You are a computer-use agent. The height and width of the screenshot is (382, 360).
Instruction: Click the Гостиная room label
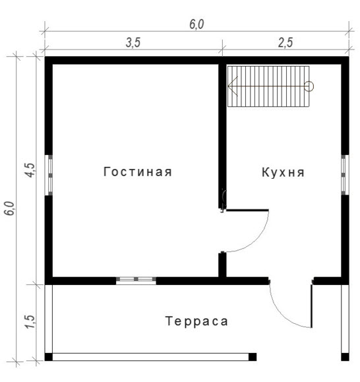pos(138,172)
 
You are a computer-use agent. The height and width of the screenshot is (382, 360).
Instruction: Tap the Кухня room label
pos(283,172)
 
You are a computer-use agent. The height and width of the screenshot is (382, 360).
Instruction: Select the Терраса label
pos(196,321)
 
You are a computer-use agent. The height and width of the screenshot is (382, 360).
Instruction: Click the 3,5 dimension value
pos(133,43)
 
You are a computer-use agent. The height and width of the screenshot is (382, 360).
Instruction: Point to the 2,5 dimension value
pos(285,43)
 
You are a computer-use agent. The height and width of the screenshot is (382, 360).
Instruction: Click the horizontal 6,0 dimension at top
pos(196,24)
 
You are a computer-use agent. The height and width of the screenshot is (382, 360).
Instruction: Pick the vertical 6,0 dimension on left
pos(10,208)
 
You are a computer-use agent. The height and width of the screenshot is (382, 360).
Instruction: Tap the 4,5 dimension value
pos(31,170)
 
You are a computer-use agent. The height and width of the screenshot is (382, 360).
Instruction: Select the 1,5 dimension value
pos(31,322)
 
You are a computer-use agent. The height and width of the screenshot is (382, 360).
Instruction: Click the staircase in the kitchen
pos(268,86)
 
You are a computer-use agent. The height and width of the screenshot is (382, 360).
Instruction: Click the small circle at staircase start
pos(309,86)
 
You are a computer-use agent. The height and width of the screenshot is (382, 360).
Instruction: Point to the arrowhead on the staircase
pos(233,86)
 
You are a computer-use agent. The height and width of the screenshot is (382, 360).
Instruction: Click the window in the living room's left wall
pos(49,175)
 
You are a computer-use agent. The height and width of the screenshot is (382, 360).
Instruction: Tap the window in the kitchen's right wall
pos(345,175)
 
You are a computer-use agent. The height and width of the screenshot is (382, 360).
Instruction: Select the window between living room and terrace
pos(136,280)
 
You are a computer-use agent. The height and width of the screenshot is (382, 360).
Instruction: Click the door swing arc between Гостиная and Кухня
pos(256,239)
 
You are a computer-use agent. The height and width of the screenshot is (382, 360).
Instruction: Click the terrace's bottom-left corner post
pos(49,357)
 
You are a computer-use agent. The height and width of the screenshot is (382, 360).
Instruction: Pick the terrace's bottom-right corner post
pos(345,357)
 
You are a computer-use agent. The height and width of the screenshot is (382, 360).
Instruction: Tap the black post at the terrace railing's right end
pos(253,357)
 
